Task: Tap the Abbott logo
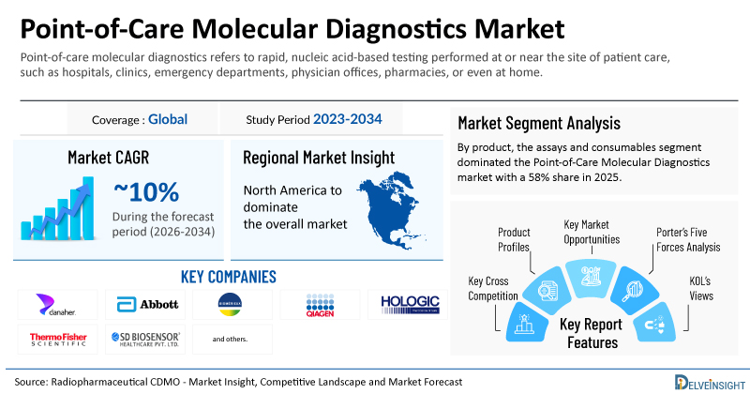[x=147, y=305]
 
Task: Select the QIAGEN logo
[x=320, y=306]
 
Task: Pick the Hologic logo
[x=410, y=305]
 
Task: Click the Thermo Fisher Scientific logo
[x=58, y=340]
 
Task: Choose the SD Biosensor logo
[x=146, y=340]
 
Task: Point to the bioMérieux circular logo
[x=230, y=305]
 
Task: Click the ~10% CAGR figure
[x=146, y=192]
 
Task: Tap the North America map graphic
[x=391, y=210]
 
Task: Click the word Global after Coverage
[x=168, y=119]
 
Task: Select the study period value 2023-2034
[x=347, y=119]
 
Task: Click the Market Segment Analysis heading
[x=539, y=124]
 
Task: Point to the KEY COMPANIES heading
[x=229, y=277]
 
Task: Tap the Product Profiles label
[x=514, y=240]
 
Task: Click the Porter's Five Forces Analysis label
[x=688, y=240]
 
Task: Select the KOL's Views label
[x=700, y=289]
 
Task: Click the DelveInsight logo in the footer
[x=710, y=382]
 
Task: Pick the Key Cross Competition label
[x=493, y=289]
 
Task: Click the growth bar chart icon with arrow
[x=58, y=208]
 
